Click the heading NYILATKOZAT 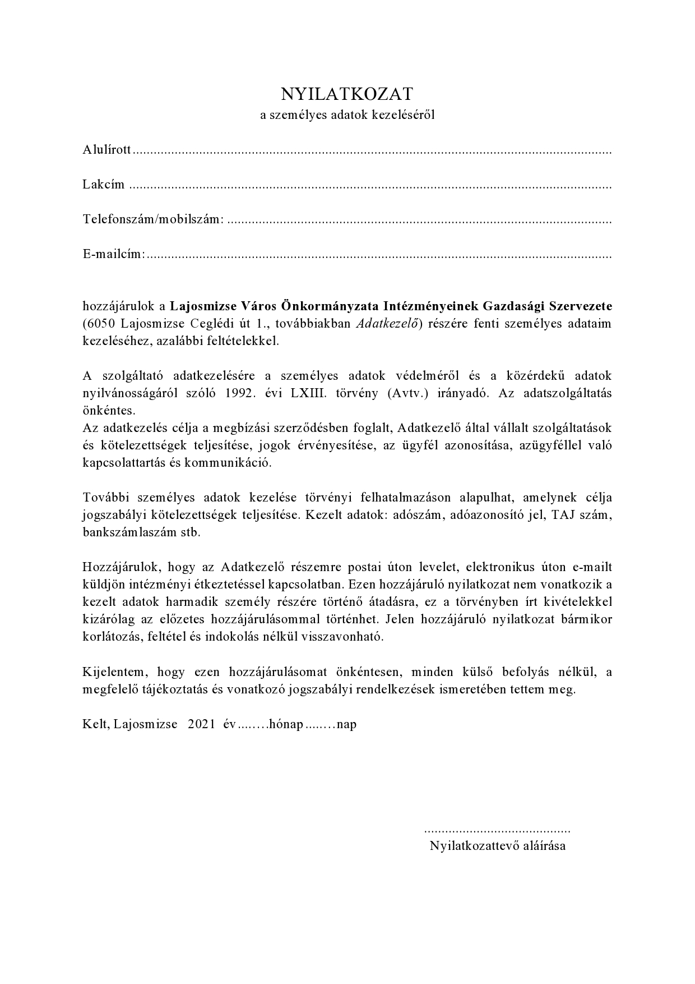click(347, 93)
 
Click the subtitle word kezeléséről click(400, 116)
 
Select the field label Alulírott click(106, 150)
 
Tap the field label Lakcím click(104, 185)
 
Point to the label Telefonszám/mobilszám click(153, 219)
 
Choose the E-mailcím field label click(114, 254)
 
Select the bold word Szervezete click(581, 306)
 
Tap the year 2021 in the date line click(202, 724)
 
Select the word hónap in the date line click(286, 724)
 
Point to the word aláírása click(544, 846)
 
